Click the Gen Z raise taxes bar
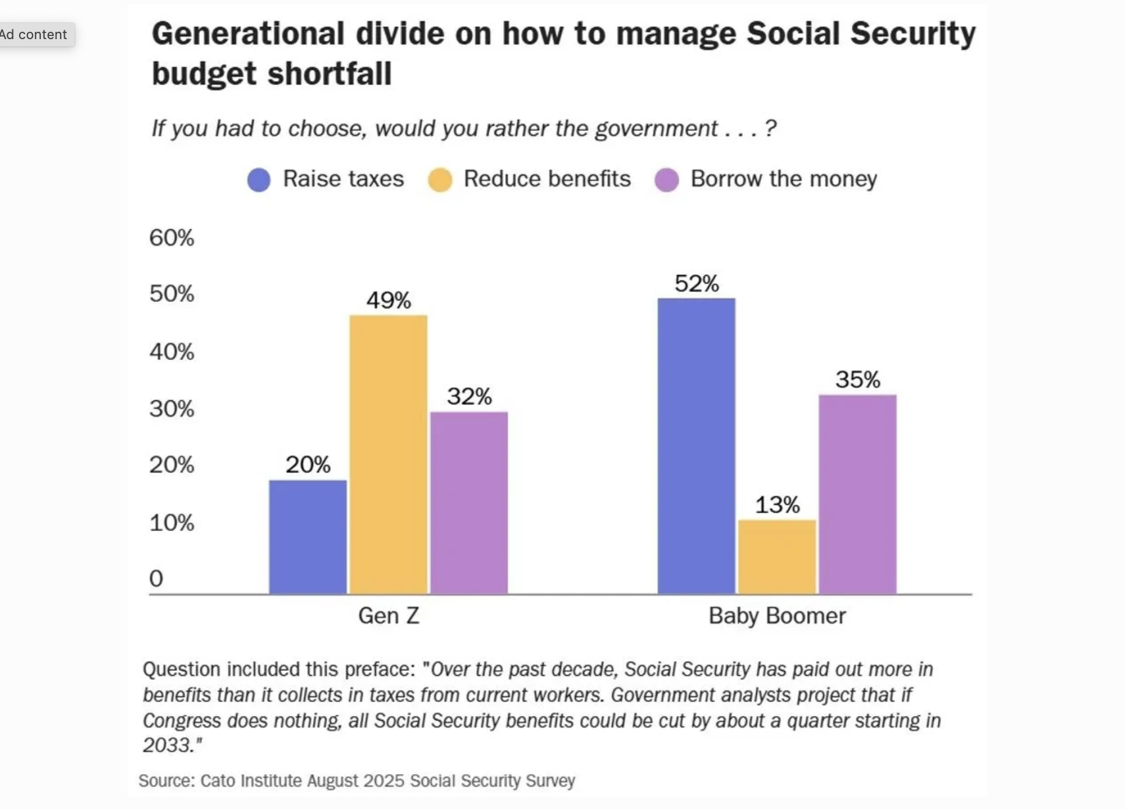[x=308, y=536]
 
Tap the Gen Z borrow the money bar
[x=469, y=502]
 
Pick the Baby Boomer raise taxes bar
[x=696, y=445]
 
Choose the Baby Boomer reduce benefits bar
[x=777, y=557]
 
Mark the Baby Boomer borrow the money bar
[x=858, y=494]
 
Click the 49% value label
[x=388, y=300]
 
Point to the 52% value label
[x=696, y=284]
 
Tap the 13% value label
[x=777, y=505]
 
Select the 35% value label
[x=858, y=379]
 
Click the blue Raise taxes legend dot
[x=259, y=180]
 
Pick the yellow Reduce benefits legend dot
[x=440, y=180]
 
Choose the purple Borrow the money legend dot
[x=666, y=180]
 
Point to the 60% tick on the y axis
[x=171, y=238]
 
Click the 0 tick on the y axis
[x=157, y=578]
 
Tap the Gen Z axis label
[x=388, y=615]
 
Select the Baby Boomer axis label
[x=777, y=615]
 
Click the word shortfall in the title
[x=330, y=74]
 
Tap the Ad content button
[x=35, y=35]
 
